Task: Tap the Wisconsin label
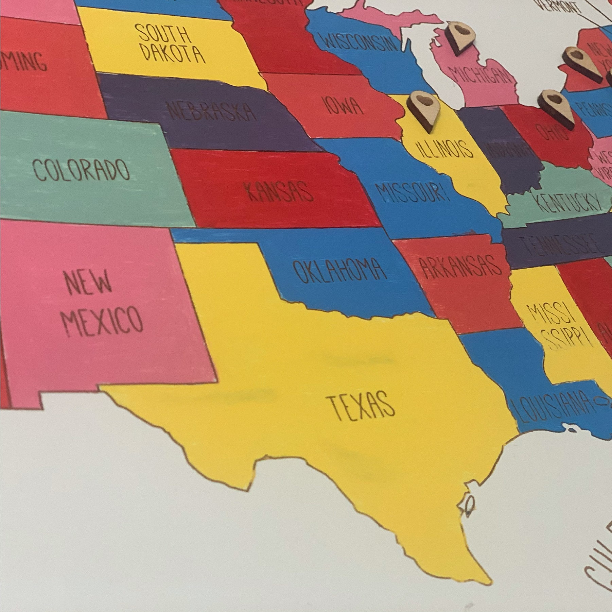[x=359, y=42]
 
